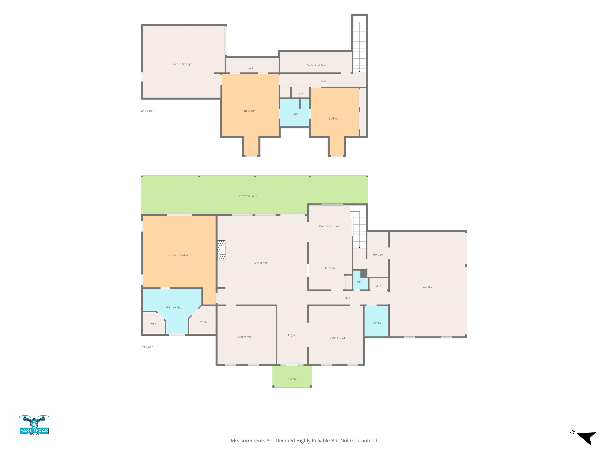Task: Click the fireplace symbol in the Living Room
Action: [221, 250]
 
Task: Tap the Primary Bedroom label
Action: [180, 255]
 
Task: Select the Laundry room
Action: [376, 321]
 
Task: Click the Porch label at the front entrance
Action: [292, 379]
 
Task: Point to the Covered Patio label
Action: [248, 196]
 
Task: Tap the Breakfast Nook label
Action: [329, 226]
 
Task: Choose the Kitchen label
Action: [330, 268]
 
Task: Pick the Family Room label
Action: [246, 336]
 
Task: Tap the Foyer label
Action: [292, 335]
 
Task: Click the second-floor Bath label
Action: [295, 114]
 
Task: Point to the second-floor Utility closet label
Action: [300, 94]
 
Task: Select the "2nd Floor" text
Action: [147, 111]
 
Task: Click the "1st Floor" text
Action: [147, 347]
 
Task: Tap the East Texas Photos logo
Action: [34, 425]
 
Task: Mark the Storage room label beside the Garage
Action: [377, 255]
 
